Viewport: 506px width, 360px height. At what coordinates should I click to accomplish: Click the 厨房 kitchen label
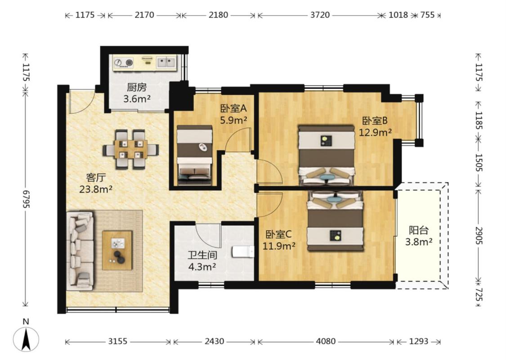[136, 87]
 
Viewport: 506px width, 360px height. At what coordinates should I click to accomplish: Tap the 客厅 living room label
[96, 178]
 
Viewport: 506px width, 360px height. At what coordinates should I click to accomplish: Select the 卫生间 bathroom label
[202, 255]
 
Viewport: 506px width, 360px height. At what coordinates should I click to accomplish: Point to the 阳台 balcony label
[419, 230]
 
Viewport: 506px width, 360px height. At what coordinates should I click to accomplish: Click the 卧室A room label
[233, 108]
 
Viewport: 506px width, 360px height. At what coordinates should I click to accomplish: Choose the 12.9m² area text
[376, 132]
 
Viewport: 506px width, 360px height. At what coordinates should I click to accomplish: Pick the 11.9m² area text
[279, 246]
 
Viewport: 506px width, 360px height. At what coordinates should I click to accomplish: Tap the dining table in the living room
[131, 149]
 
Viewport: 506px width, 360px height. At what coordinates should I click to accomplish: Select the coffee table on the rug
[117, 250]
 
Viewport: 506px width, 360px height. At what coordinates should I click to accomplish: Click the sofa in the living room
[80, 251]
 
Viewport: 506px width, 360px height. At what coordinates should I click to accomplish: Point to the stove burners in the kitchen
[124, 63]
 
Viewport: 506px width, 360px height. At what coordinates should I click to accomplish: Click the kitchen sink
[166, 62]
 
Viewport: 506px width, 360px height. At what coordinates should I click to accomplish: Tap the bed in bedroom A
[194, 155]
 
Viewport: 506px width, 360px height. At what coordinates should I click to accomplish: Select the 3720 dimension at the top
[320, 15]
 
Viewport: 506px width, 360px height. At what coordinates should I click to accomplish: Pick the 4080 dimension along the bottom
[326, 341]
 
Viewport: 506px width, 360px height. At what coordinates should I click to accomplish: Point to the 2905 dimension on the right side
[479, 235]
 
